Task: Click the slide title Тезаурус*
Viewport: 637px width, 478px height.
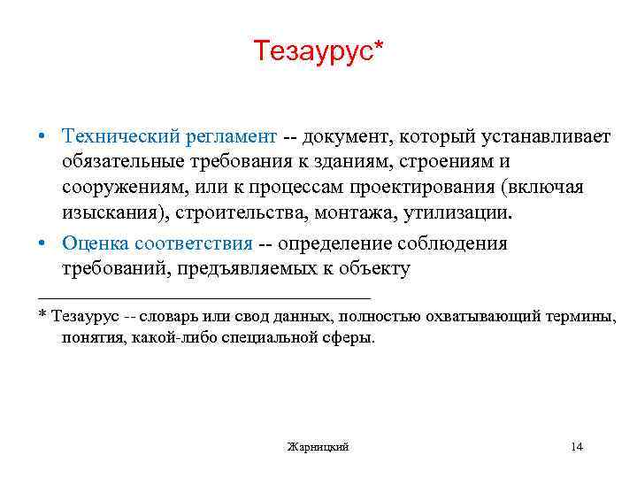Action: click(319, 51)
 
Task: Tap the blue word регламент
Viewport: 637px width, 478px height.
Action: click(231, 137)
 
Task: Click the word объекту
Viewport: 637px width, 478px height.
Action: click(374, 269)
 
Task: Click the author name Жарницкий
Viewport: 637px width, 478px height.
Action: click(318, 447)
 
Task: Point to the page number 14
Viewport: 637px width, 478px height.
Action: click(577, 447)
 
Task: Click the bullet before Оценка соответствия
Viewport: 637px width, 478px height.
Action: click(42, 243)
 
